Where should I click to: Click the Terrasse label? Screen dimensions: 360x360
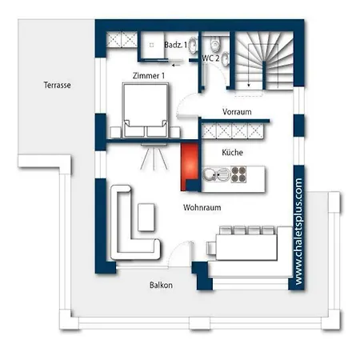tap(57, 85)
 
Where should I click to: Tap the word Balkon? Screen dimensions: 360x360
tap(161, 285)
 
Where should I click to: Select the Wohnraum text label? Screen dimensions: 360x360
tap(202, 207)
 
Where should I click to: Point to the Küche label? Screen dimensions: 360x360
tap(232, 152)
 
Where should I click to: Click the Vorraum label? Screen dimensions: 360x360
tap(237, 111)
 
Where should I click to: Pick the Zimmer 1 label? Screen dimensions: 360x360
tap(149, 76)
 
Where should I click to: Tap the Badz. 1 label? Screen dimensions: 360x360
tap(176, 45)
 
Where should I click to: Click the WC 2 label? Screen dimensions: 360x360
tap(210, 58)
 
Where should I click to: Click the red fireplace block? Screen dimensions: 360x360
tap(190, 166)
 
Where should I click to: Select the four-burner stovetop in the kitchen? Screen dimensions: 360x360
tap(238, 174)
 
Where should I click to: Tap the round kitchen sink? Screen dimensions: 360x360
tap(208, 174)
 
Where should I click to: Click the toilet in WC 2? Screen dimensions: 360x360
tap(215, 44)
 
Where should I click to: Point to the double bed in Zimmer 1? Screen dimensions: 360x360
tap(146, 110)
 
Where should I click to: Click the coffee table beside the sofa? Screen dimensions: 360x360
tap(146, 217)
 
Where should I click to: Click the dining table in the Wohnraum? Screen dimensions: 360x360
tap(246, 247)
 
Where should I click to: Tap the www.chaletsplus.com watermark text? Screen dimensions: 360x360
tap(299, 231)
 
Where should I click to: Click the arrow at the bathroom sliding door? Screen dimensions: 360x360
tap(176, 65)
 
